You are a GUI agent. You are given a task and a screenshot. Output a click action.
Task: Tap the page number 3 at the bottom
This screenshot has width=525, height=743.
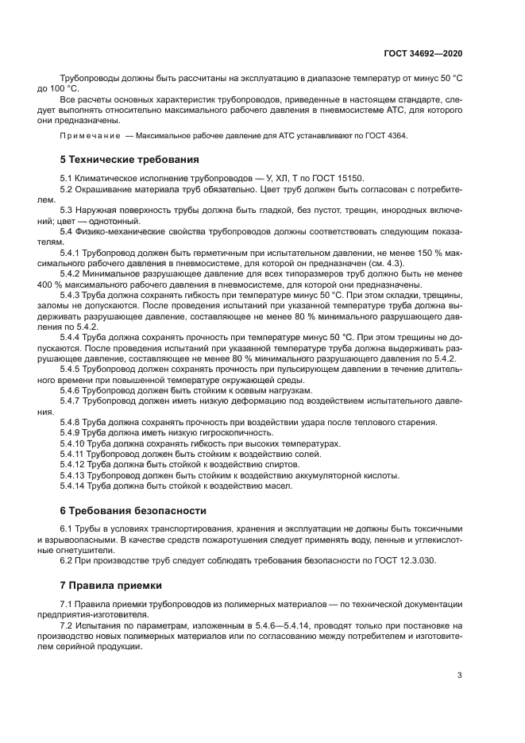(459, 676)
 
